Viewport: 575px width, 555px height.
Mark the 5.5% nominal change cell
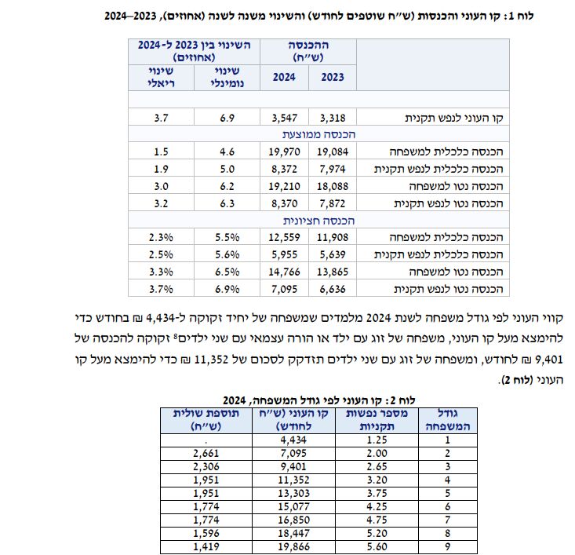click(x=227, y=236)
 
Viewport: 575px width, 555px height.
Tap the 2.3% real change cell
click(x=160, y=236)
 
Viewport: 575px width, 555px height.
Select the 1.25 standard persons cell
click(x=377, y=440)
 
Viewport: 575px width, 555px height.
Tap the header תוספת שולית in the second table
click(x=202, y=419)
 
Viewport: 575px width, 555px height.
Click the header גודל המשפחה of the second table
click(x=443, y=419)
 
